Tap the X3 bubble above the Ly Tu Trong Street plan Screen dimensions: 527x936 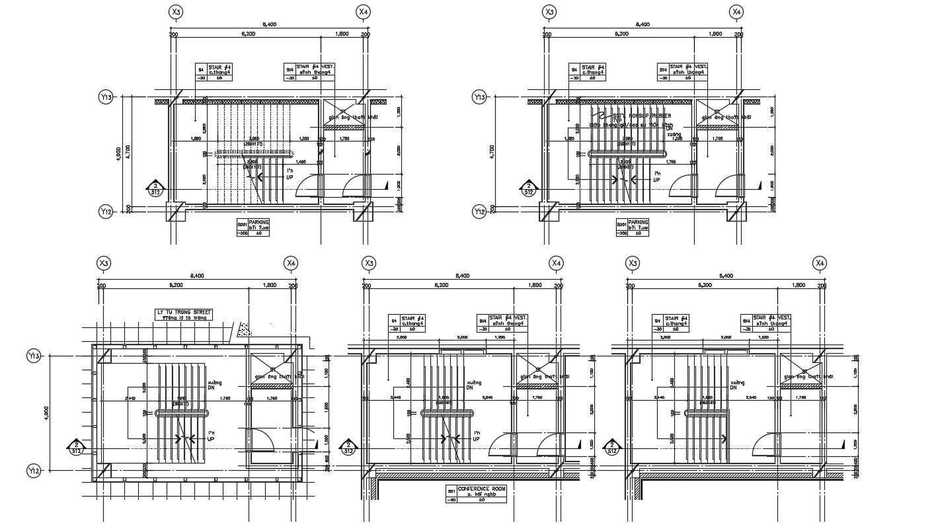(x=104, y=263)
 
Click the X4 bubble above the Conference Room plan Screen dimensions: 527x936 (x=557, y=263)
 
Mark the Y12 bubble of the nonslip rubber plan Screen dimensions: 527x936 (x=479, y=212)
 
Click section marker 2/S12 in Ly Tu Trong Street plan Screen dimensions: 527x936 (x=77, y=448)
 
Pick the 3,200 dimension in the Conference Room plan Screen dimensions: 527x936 (x=401, y=338)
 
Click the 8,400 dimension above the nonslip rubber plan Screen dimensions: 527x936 (x=643, y=24)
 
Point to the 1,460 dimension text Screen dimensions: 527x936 (x=300, y=162)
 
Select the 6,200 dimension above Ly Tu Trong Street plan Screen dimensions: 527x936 (x=176, y=286)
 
